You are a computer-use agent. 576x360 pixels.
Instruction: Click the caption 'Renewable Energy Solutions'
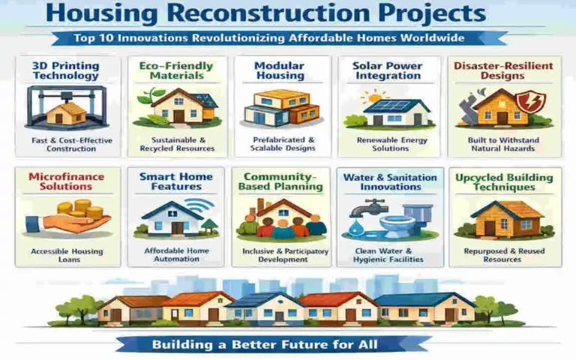[x=391, y=144]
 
